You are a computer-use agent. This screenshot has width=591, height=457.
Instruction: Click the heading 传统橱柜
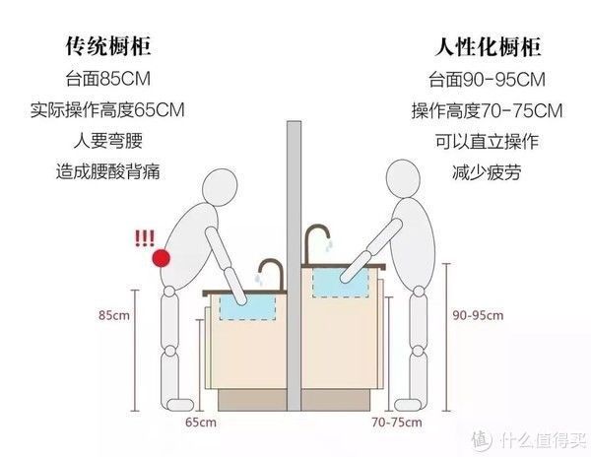tap(107, 46)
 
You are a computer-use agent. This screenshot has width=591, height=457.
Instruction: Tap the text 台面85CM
tap(107, 78)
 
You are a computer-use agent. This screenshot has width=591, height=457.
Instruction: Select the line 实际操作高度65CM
tap(107, 109)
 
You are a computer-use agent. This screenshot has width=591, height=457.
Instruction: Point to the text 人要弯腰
tap(107, 141)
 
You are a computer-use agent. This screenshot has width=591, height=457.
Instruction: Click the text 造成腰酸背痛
tap(107, 172)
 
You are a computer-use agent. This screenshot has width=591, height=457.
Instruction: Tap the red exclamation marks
tap(146, 237)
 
